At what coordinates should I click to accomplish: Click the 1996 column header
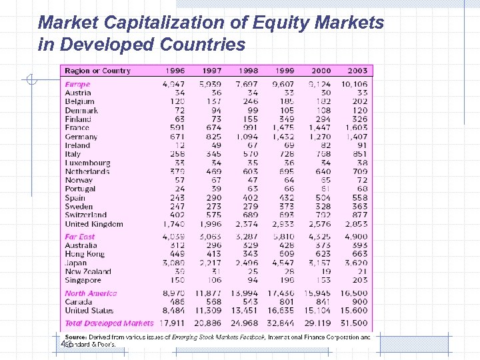pyautogui.click(x=174, y=71)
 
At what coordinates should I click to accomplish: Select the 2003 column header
pyautogui.click(x=357, y=71)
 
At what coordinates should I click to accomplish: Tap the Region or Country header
pyautogui.click(x=97, y=71)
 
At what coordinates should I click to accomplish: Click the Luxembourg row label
pyautogui.click(x=87, y=163)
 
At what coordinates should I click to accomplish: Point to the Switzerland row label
pyautogui.click(x=86, y=215)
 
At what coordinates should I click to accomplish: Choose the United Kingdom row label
pyautogui.click(x=94, y=225)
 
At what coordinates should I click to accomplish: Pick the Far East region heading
pyautogui.click(x=80, y=237)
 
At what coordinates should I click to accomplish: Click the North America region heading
pyautogui.click(x=91, y=293)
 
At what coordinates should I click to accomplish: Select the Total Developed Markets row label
pyautogui.click(x=109, y=323)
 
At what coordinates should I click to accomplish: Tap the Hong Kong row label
pyautogui.click(x=85, y=254)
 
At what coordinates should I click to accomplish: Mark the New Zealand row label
pyautogui.click(x=88, y=271)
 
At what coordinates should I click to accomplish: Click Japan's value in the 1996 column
pyautogui.click(x=174, y=263)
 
